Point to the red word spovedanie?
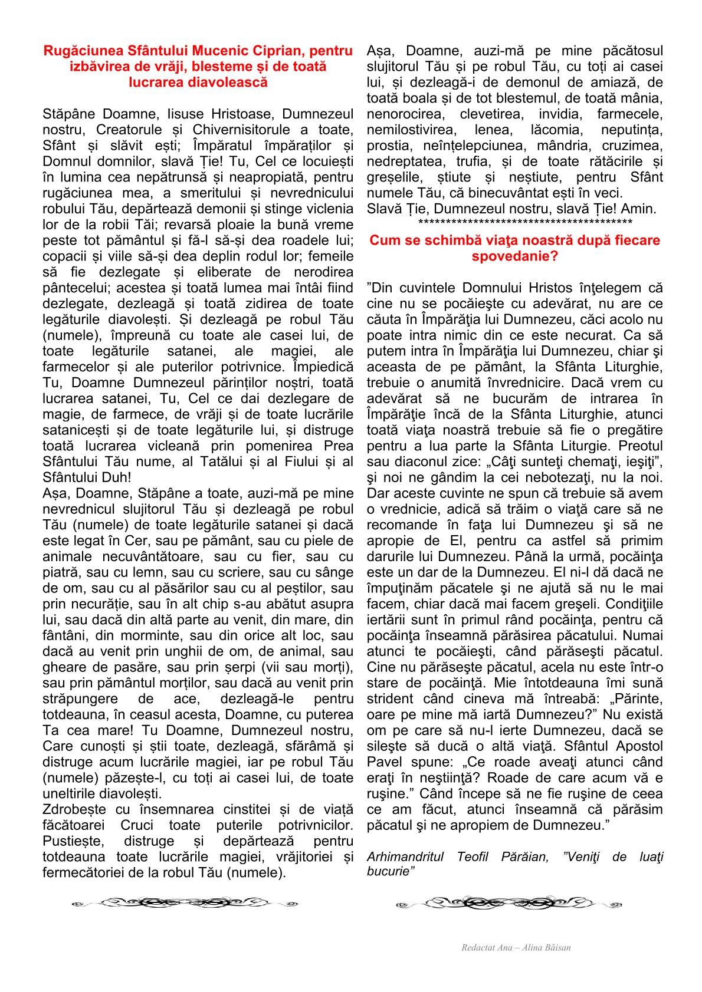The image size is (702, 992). [x=515, y=256]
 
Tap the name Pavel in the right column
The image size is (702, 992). [x=385, y=762]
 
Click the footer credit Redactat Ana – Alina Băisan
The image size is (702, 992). [x=516, y=948]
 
